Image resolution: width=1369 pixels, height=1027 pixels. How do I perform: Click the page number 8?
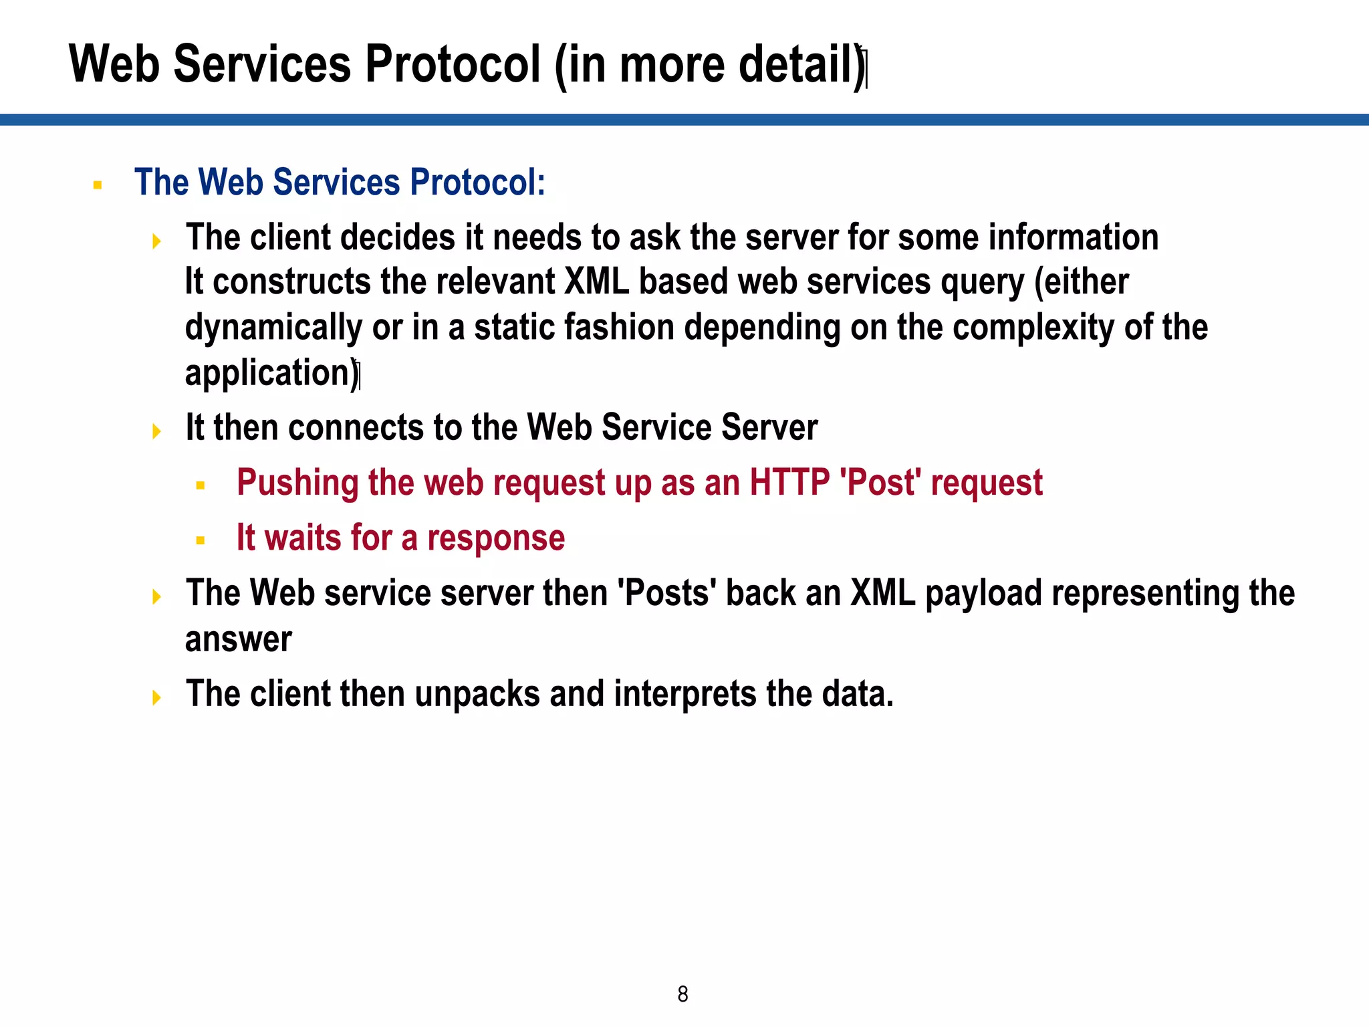pyautogui.click(x=682, y=994)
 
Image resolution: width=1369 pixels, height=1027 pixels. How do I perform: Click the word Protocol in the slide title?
pyautogui.click(x=453, y=64)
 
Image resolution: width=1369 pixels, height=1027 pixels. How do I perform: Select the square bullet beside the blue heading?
pyautogui.click(x=98, y=185)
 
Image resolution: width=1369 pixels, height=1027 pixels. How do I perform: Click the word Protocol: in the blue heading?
pyautogui.click(x=477, y=182)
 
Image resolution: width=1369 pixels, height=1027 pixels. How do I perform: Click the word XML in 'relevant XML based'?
pyautogui.click(x=597, y=281)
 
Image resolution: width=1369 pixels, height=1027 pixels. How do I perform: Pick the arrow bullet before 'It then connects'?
pyautogui.click(x=156, y=431)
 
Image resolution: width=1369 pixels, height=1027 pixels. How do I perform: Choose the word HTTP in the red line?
pyautogui.click(x=789, y=482)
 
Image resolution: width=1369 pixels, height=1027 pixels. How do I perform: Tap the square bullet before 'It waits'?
pyautogui.click(x=200, y=540)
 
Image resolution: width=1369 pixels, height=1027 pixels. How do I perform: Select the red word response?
pyautogui.click(x=496, y=538)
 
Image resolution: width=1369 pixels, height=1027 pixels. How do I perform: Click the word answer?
pyautogui.click(x=239, y=640)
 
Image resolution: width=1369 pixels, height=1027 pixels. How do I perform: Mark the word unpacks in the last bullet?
pyautogui.click(x=477, y=695)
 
